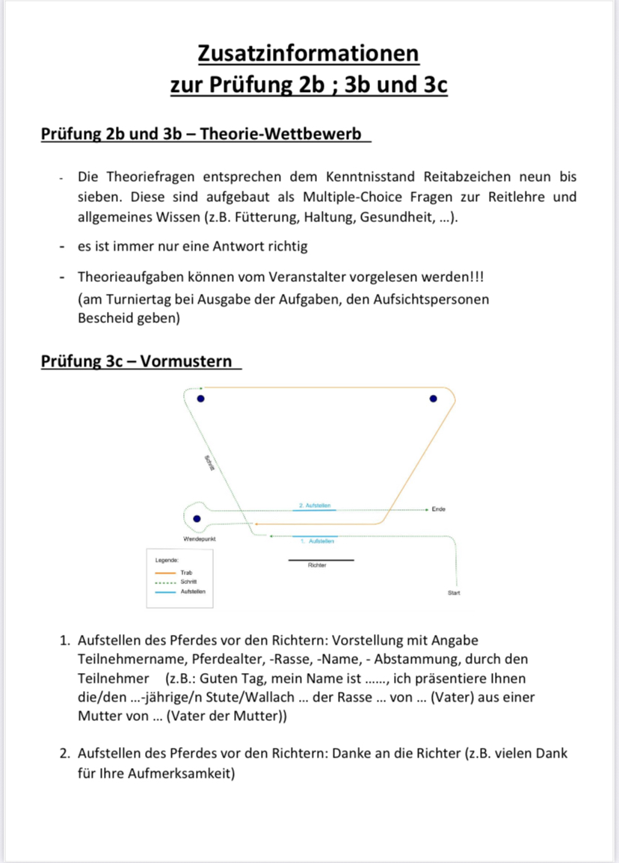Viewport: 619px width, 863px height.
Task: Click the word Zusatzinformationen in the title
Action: pyautogui.click(x=309, y=54)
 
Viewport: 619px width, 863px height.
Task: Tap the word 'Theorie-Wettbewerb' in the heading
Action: pyautogui.click(x=297, y=134)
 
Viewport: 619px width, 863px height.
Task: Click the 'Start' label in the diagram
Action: pyautogui.click(x=454, y=593)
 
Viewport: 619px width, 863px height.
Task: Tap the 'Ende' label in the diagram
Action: pyautogui.click(x=439, y=509)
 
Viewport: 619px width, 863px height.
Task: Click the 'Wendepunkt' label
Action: pyautogui.click(x=200, y=538)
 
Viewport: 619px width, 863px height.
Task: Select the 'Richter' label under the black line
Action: pyautogui.click(x=317, y=565)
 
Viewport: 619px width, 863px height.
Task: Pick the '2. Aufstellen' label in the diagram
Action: pyautogui.click(x=315, y=506)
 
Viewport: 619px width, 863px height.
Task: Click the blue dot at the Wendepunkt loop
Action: pyautogui.click(x=197, y=518)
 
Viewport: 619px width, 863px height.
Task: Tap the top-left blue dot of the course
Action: pyautogui.click(x=200, y=399)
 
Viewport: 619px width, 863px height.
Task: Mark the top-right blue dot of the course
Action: pyautogui.click(x=432, y=399)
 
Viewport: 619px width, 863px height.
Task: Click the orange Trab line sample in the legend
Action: pyautogui.click(x=164, y=573)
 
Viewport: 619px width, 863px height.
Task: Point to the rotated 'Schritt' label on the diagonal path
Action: pyautogui.click(x=210, y=463)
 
